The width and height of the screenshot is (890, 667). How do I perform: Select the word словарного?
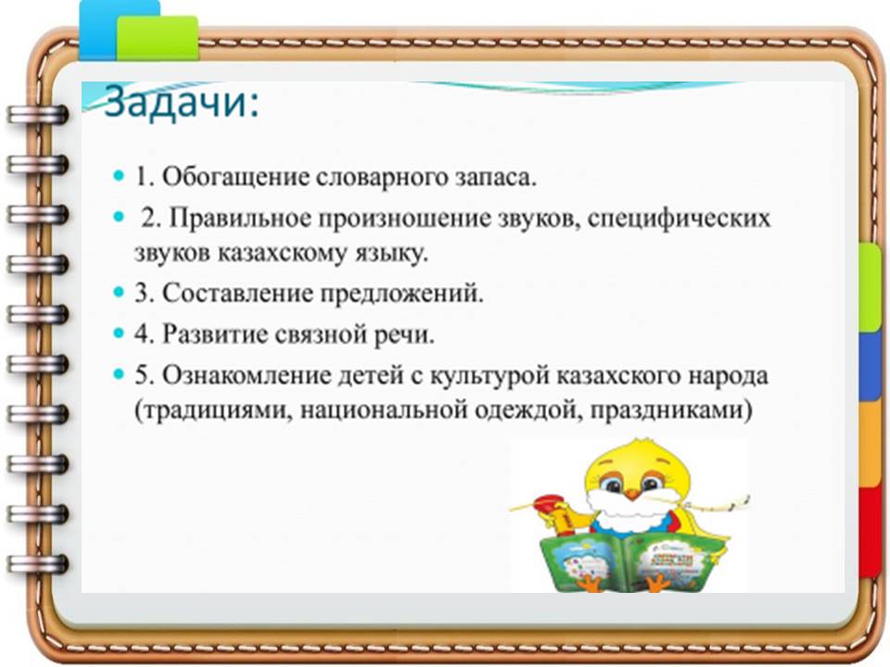380,177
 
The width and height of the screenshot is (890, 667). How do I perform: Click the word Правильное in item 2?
238,219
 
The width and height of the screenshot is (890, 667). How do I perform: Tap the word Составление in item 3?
237,294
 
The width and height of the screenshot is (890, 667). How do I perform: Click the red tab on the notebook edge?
869,532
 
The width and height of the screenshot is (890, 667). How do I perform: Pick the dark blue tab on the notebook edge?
869,365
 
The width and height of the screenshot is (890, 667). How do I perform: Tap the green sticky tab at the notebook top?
158,37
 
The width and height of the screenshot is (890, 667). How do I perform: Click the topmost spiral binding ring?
37,115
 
